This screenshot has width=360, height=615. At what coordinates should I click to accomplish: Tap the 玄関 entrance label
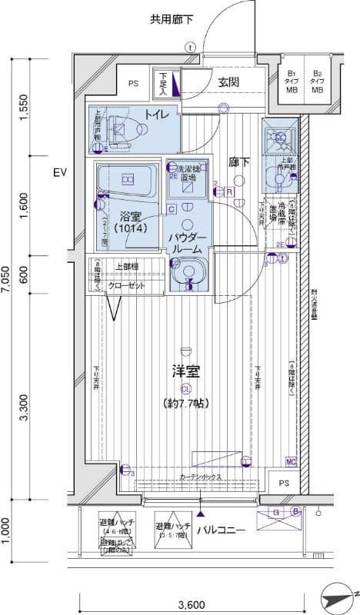(x=228, y=82)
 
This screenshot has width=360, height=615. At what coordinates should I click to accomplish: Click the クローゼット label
(x=125, y=284)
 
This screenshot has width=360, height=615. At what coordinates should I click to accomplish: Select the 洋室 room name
(x=186, y=372)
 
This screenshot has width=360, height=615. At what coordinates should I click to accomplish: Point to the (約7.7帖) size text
(x=186, y=403)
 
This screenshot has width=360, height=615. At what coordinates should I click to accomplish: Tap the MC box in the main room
(x=291, y=461)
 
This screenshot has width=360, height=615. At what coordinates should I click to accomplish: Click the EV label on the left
(x=61, y=173)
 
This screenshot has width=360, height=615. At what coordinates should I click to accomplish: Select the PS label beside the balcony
(x=284, y=484)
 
